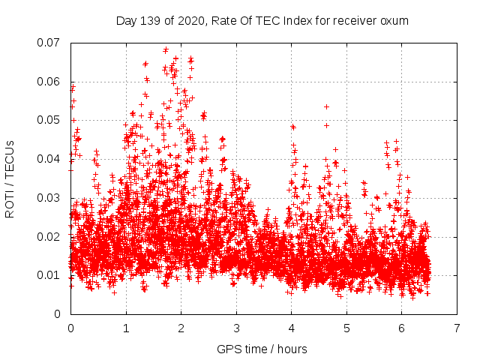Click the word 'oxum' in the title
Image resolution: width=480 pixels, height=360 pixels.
[x=394, y=21]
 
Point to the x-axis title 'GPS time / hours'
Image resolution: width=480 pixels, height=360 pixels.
[x=262, y=349]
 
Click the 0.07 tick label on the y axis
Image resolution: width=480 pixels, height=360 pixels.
[x=50, y=42]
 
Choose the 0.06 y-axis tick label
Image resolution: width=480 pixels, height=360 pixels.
[x=50, y=81]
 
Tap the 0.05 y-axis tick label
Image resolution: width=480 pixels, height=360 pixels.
[x=50, y=120]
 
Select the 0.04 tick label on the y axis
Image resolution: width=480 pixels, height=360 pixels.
[x=50, y=159]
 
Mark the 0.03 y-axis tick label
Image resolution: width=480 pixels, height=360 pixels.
[x=50, y=198]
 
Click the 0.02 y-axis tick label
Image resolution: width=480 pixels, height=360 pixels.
[x=50, y=237]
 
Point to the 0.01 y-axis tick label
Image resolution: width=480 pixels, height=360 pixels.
[x=50, y=275]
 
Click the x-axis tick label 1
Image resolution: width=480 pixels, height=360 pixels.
[x=126, y=328]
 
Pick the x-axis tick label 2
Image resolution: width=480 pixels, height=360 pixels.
[x=181, y=328]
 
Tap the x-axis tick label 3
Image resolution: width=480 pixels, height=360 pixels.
[x=236, y=328]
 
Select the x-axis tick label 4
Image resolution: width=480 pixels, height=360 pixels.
[x=292, y=328]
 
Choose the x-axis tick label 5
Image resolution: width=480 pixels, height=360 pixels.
[x=346, y=328]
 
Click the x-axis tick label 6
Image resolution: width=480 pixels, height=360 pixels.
[x=402, y=328]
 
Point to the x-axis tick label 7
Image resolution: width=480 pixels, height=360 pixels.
[x=457, y=328]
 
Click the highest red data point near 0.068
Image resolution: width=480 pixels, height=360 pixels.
[x=166, y=50]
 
